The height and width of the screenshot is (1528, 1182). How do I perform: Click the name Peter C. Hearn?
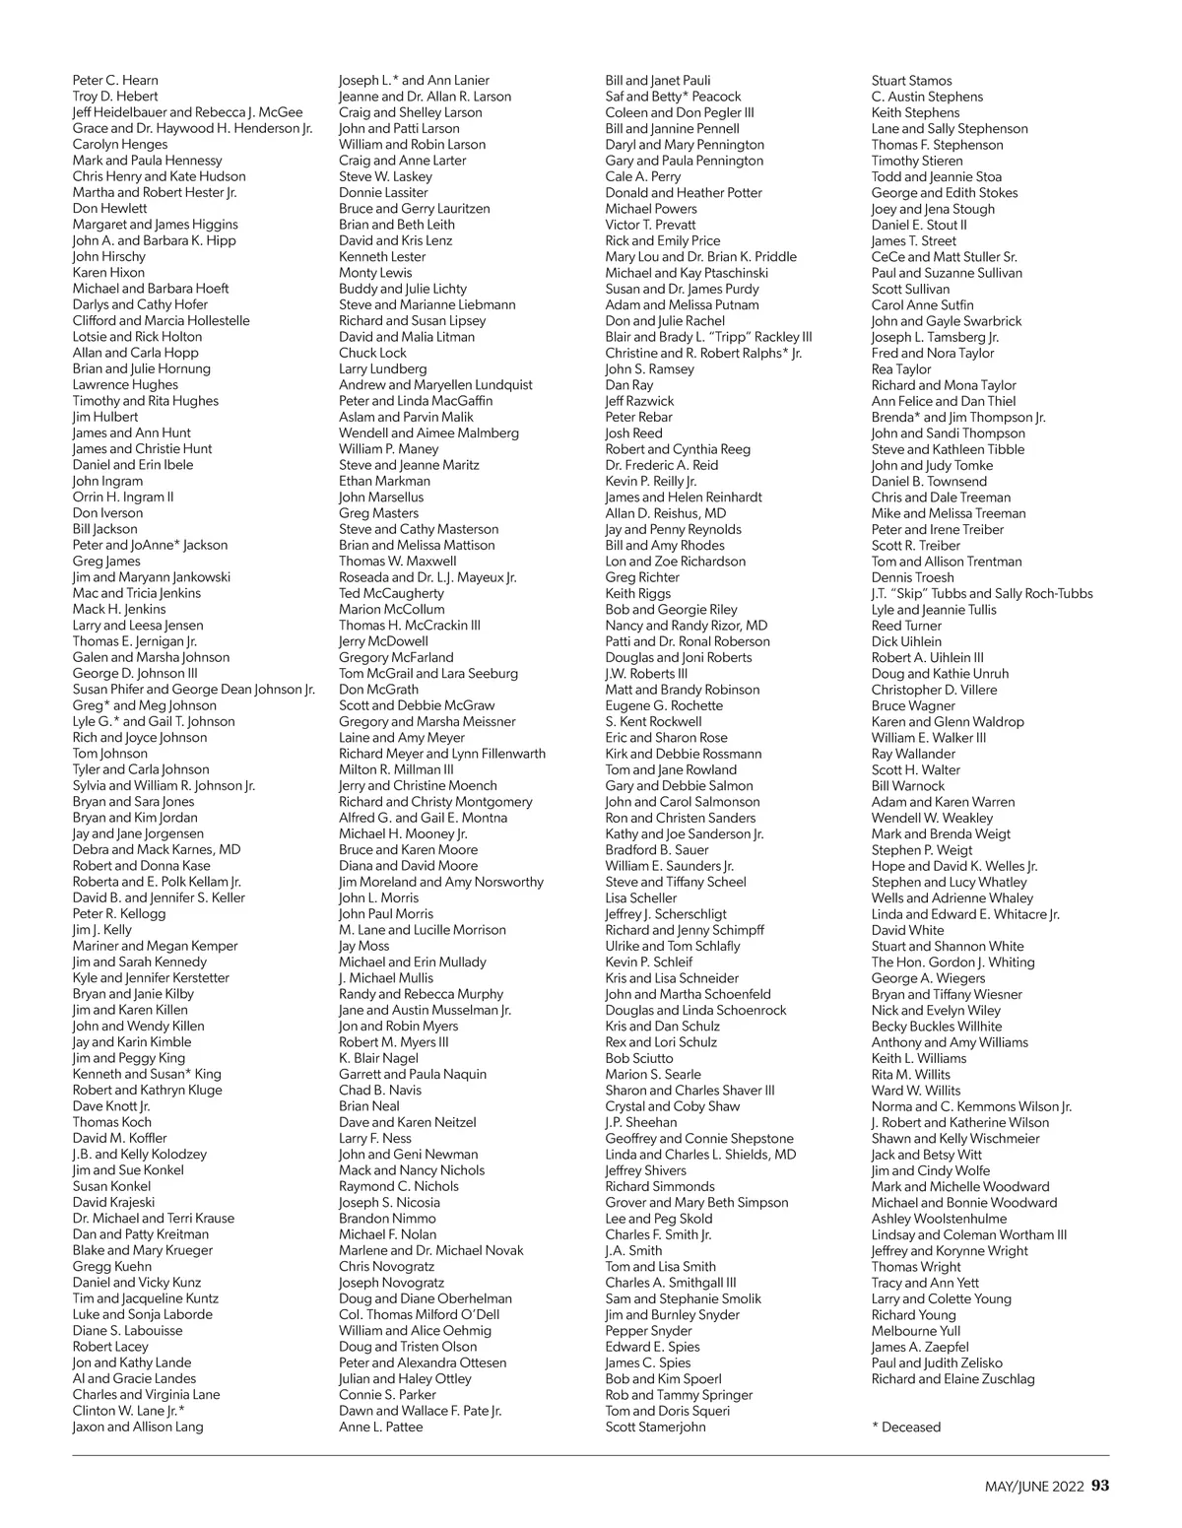coord(115,81)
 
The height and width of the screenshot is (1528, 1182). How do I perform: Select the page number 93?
coord(1100,1486)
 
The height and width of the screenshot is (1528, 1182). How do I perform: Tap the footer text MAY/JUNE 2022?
coord(1034,1487)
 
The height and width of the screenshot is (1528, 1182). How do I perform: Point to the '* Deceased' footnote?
coord(906,1428)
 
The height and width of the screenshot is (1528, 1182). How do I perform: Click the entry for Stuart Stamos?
coord(911,81)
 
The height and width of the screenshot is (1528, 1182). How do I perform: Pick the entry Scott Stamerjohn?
coord(655,1427)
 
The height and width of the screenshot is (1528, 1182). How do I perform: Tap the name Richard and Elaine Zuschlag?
coord(952,1379)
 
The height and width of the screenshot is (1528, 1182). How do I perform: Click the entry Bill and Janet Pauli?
coord(657,81)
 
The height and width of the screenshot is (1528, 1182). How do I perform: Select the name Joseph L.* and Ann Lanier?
coord(414,81)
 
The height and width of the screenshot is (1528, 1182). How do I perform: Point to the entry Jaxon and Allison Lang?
coord(138,1427)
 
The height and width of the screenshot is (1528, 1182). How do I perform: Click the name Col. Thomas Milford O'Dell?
coord(419,1314)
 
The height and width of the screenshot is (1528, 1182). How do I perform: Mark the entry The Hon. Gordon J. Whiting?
coord(952,963)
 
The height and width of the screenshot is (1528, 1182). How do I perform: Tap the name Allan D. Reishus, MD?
coord(666,513)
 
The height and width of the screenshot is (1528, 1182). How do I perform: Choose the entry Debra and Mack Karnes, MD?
coord(157,849)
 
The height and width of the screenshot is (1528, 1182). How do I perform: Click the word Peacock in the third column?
coord(716,97)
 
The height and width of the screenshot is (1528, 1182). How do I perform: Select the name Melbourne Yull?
coord(916,1331)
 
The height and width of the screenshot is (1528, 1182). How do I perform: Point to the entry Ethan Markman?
coord(384,481)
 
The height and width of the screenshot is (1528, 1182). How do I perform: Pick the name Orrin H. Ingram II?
coord(123,497)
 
